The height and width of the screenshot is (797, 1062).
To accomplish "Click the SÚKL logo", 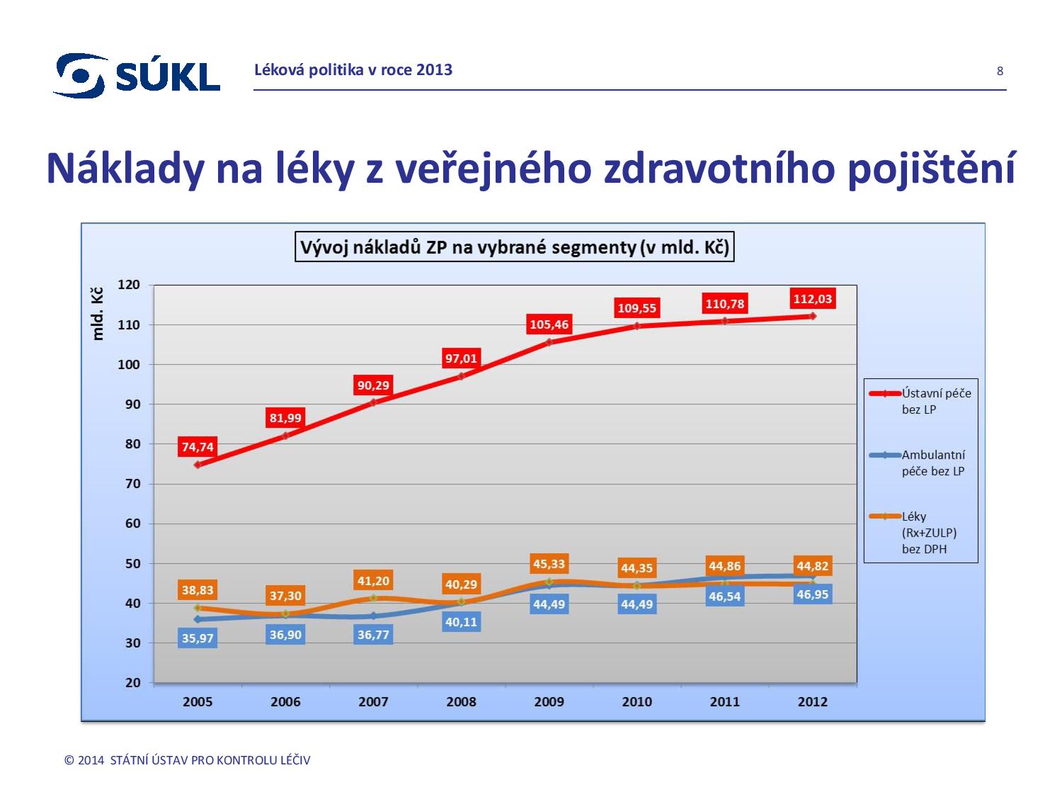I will pos(137,74).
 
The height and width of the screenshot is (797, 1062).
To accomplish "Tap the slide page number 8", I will pos(1000,71).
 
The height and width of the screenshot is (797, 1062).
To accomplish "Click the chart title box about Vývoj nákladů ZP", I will pos(514,247).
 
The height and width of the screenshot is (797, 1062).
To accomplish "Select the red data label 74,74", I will pos(198,447).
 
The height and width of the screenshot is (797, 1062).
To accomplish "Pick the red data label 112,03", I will pos(812,299).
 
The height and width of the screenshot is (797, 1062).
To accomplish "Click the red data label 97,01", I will pos(461,358).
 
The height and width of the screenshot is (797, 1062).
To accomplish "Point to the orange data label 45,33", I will pos(549,564).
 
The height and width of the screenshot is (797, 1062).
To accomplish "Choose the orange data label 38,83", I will pos(198,590).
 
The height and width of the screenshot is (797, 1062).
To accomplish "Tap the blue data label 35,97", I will pos(198,638).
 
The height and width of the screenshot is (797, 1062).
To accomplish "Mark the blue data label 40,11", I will pos(461,622).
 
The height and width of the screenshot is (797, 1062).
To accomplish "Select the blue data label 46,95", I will pos(812,594).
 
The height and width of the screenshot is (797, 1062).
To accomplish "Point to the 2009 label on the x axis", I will pos(549,702).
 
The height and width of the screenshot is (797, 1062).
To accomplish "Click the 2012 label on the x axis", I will pos(812,702).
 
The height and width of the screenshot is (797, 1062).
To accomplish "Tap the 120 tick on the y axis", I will pos(130,285).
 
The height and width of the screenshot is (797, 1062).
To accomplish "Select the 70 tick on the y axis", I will pos(132,484).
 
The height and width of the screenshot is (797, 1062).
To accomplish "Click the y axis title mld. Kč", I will pos(98,314).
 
